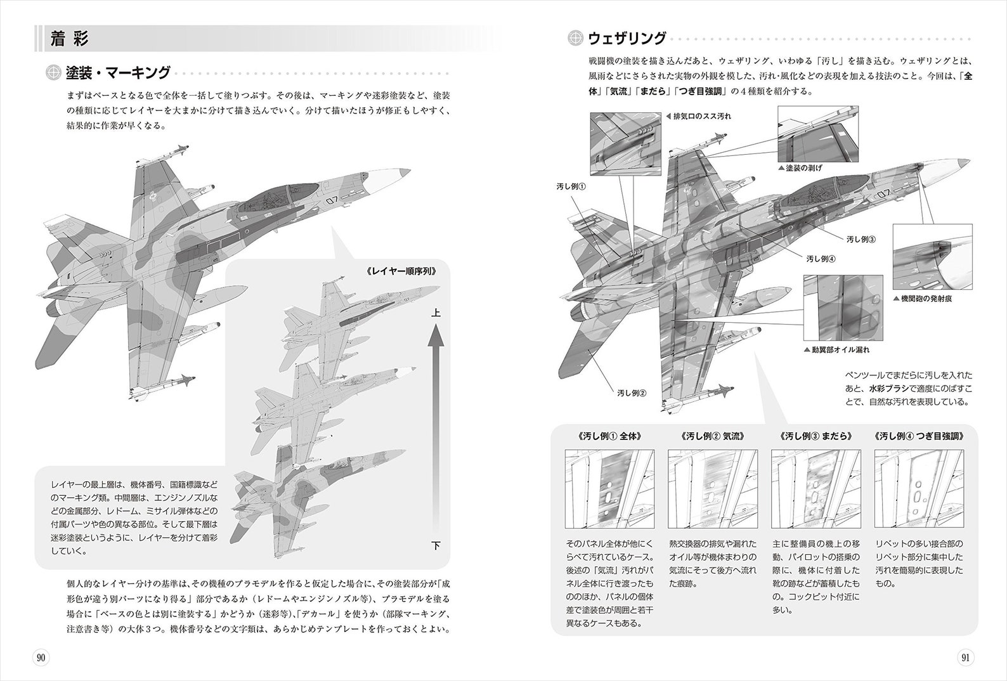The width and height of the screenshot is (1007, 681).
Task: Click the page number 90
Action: point(40,658)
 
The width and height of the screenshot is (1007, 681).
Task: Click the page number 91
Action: point(965,658)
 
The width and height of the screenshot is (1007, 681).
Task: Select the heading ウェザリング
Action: point(627,39)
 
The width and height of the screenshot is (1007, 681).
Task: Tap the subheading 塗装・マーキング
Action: point(118,73)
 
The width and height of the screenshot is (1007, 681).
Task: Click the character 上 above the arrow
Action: point(436,313)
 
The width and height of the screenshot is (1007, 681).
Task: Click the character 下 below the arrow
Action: point(436,545)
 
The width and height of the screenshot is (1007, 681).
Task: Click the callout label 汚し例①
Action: point(571,186)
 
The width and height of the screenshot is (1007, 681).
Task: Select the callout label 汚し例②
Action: point(631,393)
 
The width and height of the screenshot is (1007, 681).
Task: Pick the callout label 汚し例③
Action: point(861,240)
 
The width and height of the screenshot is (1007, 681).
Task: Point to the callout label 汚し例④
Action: point(821,259)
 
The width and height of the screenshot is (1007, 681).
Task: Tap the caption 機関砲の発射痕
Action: point(926,298)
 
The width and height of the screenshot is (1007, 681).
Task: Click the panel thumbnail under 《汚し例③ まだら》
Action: point(815,489)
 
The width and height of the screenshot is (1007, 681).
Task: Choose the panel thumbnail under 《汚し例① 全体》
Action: point(609,489)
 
